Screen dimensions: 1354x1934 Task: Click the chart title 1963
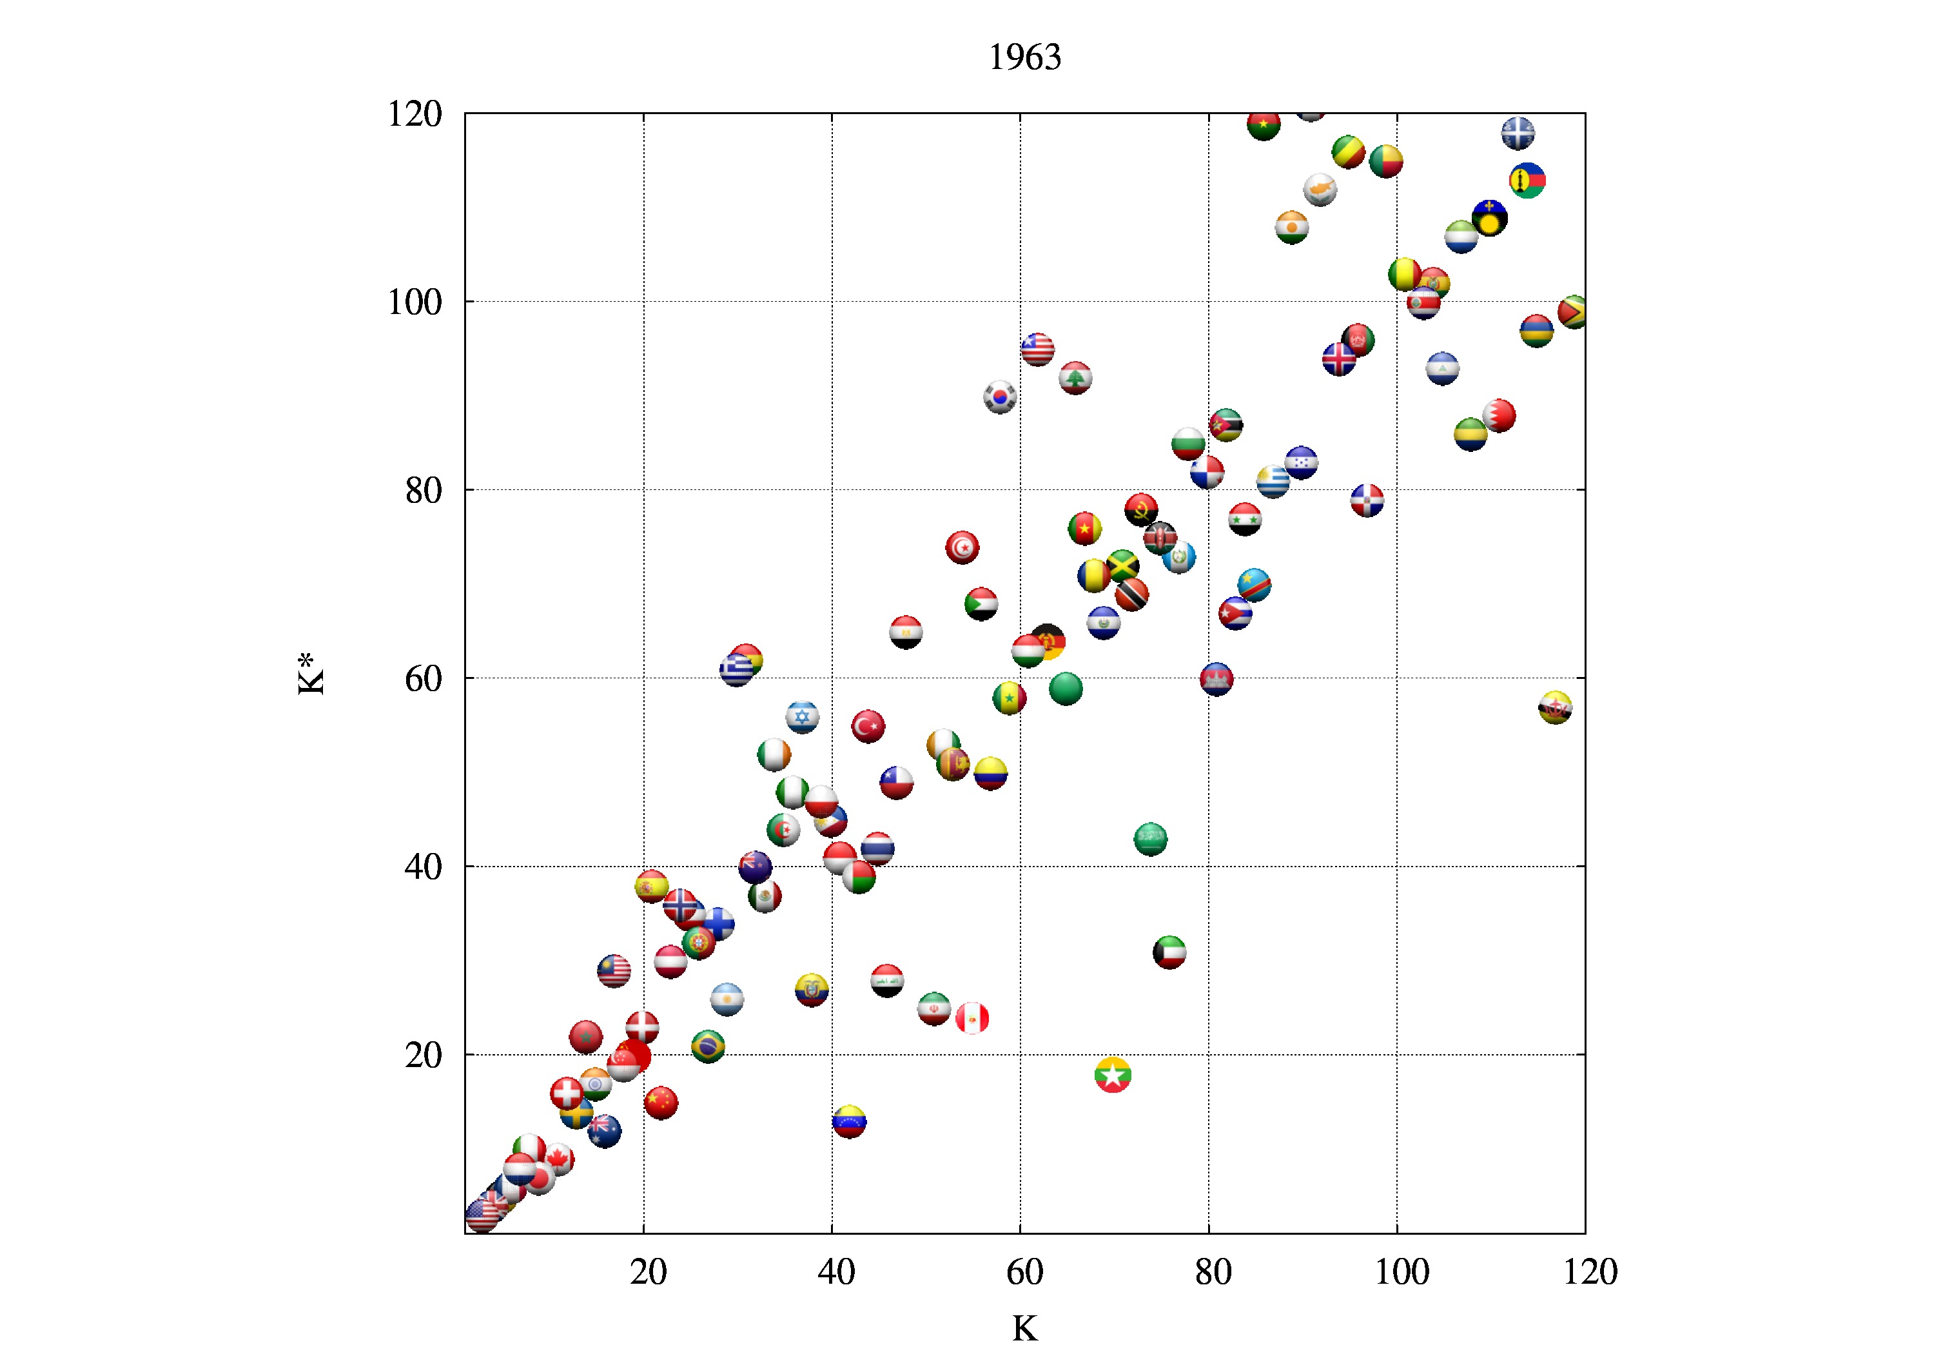[1024, 57]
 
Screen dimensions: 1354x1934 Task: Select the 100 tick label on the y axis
[415, 302]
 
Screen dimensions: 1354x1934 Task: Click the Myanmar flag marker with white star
[1113, 1075]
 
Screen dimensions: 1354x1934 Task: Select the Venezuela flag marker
[849, 1121]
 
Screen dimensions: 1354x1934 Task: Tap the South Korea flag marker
[1000, 397]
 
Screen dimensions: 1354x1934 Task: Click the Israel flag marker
[803, 717]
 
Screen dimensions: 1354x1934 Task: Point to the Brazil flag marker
[708, 1046]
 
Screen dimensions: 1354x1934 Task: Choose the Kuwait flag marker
[1169, 952]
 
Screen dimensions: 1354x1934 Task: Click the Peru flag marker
[972, 1018]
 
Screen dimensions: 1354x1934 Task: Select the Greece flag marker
[736, 671]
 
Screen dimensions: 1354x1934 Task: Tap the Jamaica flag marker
[1123, 566]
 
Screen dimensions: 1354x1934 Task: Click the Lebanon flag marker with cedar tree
[1075, 378]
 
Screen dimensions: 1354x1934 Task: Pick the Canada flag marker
[558, 1159]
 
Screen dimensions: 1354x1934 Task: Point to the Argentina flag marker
[727, 999]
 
